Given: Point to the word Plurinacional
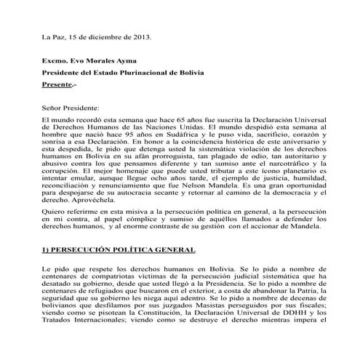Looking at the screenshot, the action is pyautogui.click(x=144, y=74).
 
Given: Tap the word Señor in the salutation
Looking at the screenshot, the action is pyautogui.click(x=52, y=107).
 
